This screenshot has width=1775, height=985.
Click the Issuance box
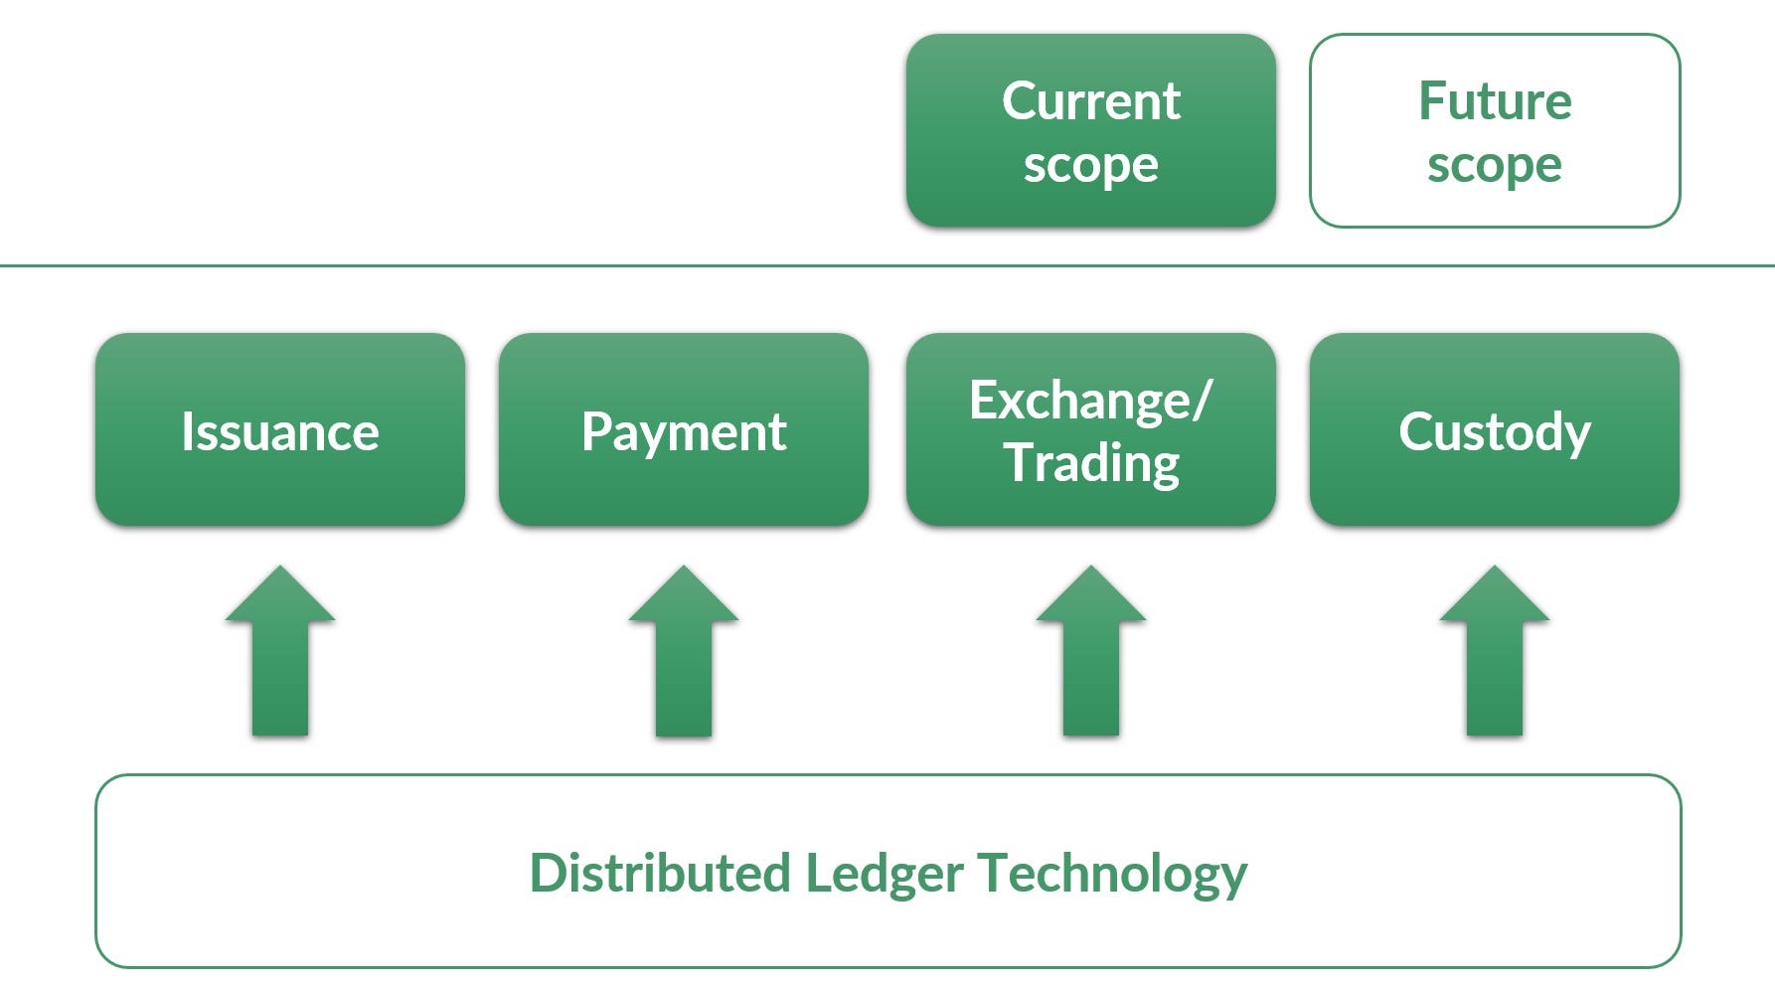click(x=279, y=429)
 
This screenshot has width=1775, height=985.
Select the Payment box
click(x=683, y=429)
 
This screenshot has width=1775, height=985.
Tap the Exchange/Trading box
click(x=1090, y=429)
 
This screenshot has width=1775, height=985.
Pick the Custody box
click(x=1494, y=429)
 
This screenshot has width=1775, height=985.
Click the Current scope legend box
click(x=1090, y=130)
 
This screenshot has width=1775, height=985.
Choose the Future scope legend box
click(x=1494, y=130)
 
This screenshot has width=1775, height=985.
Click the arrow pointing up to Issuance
click(x=279, y=656)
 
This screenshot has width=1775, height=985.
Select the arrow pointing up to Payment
click(x=683, y=656)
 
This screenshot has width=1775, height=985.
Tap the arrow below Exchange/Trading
click(x=1090, y=656)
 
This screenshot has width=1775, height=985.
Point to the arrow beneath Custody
click(x=1494, y=656)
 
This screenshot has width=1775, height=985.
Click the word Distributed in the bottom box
click(x=659, y=874)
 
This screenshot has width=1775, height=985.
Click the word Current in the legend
click(x=1090, y=100)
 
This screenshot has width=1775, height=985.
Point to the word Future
click(x=1494, y=100)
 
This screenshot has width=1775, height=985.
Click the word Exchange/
click(x=1090, y=401)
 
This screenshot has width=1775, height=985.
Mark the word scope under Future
click(x=1494, y=165)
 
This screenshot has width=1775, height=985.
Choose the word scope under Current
click(x=1090, y=165)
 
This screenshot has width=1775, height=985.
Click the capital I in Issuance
click(x=187, y=431)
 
